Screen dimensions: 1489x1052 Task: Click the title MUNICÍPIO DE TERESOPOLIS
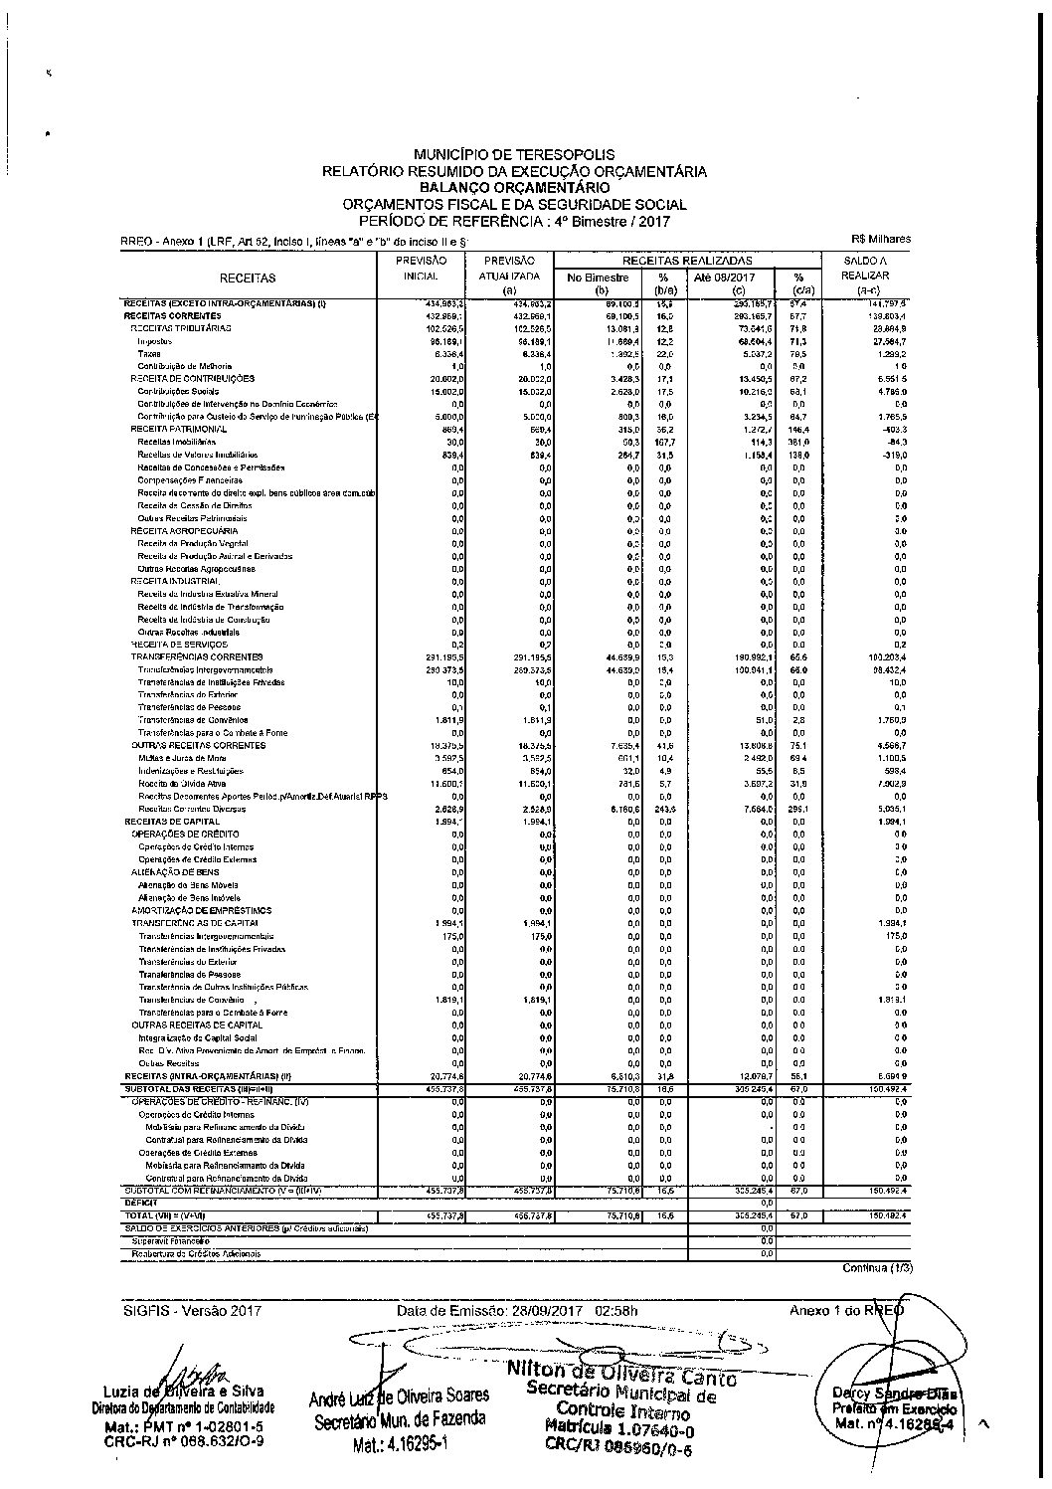coord(514,155)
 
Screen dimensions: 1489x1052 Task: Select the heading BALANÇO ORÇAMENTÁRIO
coord(514,187)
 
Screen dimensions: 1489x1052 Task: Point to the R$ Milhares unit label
coord(881,239)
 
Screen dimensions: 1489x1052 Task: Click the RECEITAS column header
coord(248,279)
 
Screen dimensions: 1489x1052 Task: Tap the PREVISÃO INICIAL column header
coord(421,268)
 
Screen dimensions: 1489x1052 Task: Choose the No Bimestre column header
coord(598,278)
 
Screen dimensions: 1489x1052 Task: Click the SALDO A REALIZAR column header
coord(864,268)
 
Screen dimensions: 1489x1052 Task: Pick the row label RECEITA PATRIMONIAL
coord(178,429)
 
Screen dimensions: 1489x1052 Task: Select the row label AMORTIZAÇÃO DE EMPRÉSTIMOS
coord(202,910)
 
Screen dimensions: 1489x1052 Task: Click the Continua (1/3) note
coord(876,1268)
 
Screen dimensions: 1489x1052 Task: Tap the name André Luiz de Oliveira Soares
coord(399,1397)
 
